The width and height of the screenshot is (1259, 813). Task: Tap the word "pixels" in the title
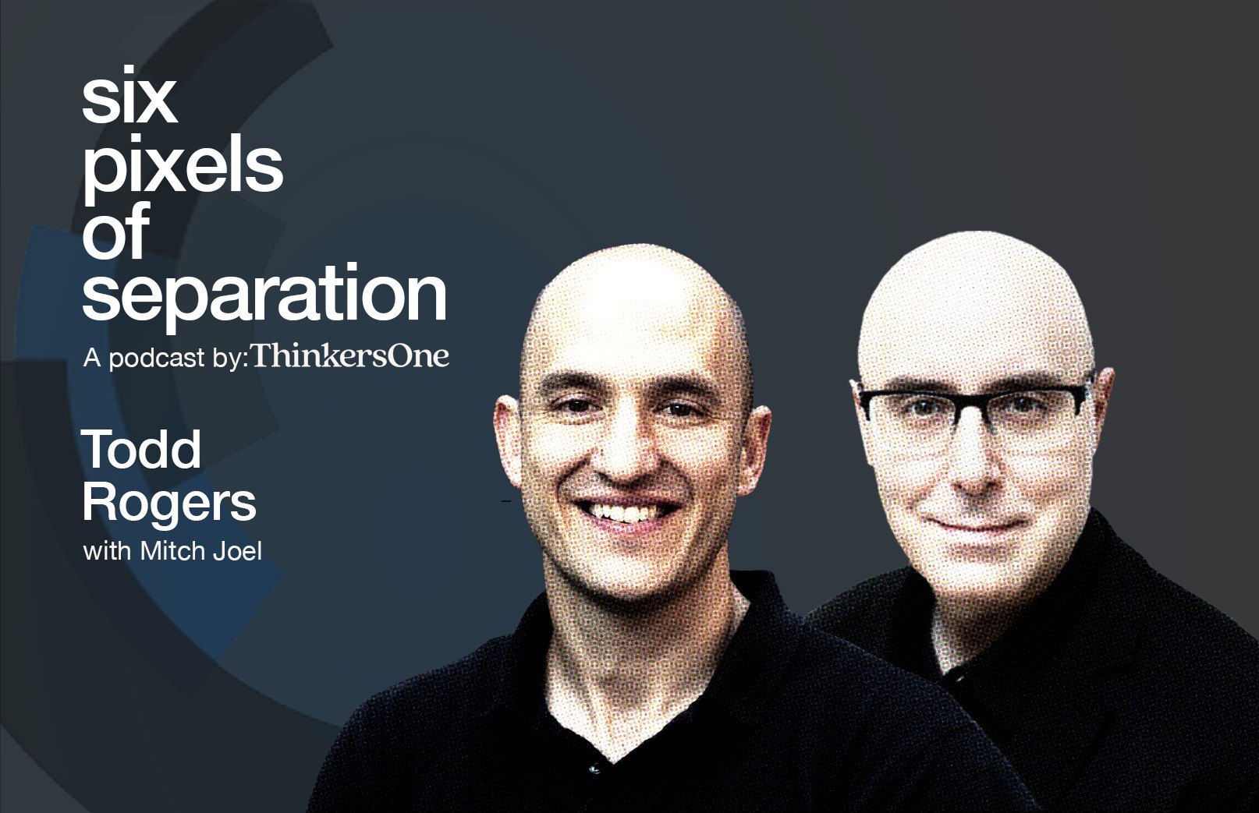pyautogui.click(x=183, y=168)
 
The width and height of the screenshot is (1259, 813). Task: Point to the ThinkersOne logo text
pyautogui.click(x=350, y=356)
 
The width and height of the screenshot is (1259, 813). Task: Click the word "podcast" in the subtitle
pyautogui.click(x=157, y=359)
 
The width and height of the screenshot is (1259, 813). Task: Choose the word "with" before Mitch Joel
pyautogui.click(x=108, y=551)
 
